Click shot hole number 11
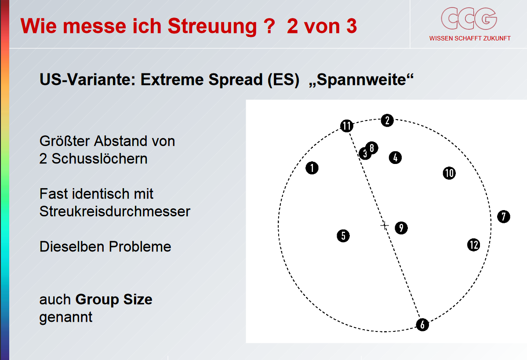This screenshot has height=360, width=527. [x=346, y=126]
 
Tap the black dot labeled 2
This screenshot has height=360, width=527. [x=387, y=120]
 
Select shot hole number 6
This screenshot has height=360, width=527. [x=422, y=325]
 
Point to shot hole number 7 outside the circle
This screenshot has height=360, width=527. [x=503, y=216]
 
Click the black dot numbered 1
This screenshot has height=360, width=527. [x=312, y=168]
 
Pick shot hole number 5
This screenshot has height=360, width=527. [x=343, y=236]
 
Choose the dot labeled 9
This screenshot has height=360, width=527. [x=401, y=228]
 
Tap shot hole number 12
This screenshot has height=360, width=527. [x=473, y=245]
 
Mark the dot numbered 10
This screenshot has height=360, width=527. [x=449, y=173]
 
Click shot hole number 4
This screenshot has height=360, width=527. [x=395, y=157]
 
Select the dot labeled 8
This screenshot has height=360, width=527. [x=372, y=148]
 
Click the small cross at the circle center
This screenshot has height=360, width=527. [x=385, y=225]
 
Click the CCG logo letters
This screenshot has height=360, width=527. [x=469, y=18]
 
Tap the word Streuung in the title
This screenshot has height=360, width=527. [x=212, y=26]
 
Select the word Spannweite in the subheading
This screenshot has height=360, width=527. [x=361, y=80]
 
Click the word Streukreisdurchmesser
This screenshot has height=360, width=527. [x=115, y=211]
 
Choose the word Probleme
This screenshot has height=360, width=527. [x=140, y=247]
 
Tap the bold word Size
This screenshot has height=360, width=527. [x=138, y=299]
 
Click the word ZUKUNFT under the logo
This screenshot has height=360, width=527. [x=497, y=38]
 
